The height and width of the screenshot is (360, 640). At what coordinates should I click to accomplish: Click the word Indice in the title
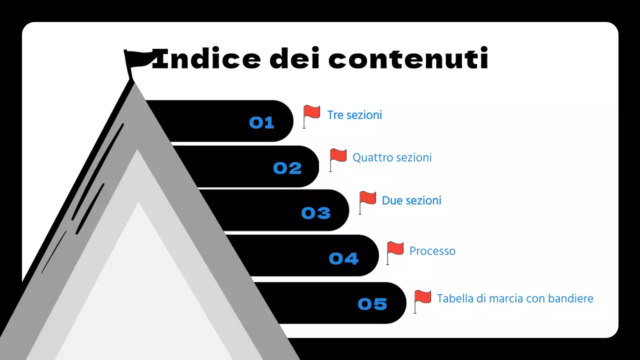tap(205, 59)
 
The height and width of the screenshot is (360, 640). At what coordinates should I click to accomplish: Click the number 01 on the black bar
tap(261, 122)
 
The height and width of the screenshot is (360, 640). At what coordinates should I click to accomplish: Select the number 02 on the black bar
tap(287, 168)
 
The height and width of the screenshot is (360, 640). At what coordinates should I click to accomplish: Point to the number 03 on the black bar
tap(316, 213)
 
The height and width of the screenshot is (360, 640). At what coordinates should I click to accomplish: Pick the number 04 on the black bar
tap(344, 258)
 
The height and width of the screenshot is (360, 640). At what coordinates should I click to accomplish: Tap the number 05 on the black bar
tap(372, 304)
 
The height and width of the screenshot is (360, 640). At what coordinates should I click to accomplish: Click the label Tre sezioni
tap(354, 115)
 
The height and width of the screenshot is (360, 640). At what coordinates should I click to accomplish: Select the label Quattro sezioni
tap(392, 157)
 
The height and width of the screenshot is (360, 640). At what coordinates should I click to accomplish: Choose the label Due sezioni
tap(411, 200)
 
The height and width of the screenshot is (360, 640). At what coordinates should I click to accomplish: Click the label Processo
tap(432, 251)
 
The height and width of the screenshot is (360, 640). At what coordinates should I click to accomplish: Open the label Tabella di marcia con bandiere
tap(515, 298)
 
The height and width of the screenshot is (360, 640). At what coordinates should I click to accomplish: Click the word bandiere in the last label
tap(570, 298)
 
